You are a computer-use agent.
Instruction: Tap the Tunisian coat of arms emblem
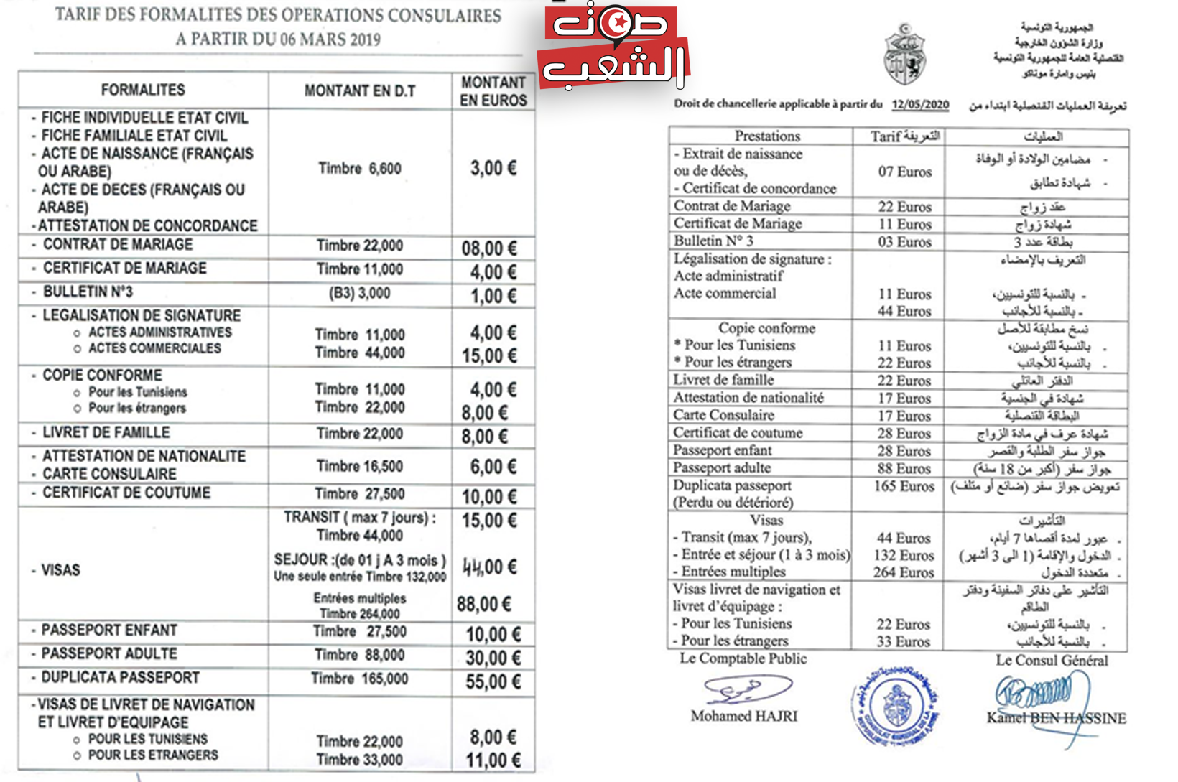904,55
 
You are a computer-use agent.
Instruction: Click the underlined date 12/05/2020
920,105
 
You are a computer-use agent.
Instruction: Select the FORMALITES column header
143,90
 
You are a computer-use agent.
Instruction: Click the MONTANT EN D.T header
360,91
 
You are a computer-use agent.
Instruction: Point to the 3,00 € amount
493,169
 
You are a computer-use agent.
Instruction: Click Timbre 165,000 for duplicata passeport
359,679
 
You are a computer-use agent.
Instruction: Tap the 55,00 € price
493,681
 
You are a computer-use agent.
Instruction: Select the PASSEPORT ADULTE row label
109,654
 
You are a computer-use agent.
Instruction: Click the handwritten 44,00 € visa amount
489,567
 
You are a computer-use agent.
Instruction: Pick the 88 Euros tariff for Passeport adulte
904,469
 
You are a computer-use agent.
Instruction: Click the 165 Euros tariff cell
904,487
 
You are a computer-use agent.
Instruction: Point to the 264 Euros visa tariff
904,572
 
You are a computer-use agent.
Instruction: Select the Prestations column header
766,136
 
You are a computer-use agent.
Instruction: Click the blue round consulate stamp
896,704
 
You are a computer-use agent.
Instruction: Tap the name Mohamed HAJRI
743,716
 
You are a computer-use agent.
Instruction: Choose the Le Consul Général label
1051,661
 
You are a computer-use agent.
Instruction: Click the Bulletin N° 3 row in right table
713,241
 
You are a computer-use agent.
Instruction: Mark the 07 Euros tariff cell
904,172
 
